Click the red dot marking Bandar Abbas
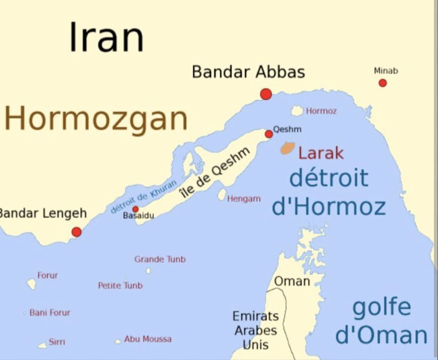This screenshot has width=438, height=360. click(x=266, y=94)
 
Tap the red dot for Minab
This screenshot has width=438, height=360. click(x=383, y=83)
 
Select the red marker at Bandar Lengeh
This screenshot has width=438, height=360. click(x=77, y=232)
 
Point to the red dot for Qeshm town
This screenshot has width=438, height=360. click(x=269, y=134)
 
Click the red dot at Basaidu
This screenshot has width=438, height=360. click(x=135, y=209)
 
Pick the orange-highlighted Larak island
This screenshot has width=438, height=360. click(x=287, y=148)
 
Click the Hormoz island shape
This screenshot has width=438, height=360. click(x=297, y=111)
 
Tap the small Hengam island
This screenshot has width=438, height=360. click(x=222, y=195)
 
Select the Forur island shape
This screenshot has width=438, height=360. click(x=31, y=284)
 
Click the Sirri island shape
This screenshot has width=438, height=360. click(x=43, y=345)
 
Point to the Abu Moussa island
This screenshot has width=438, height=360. click(x=118, y=341)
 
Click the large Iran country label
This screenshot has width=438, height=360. click(x=106, y=38)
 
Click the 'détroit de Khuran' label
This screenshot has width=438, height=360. click(x=144, y=196)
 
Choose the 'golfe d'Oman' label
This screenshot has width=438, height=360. click(x=381, y=322)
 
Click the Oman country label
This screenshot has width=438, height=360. click(x=292, y=281)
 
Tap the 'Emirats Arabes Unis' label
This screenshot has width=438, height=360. click(x=255, y=331)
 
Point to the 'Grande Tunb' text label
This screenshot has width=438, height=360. click(x=160, y=259)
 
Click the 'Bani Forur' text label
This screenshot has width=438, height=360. click(x=50, y=313)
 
